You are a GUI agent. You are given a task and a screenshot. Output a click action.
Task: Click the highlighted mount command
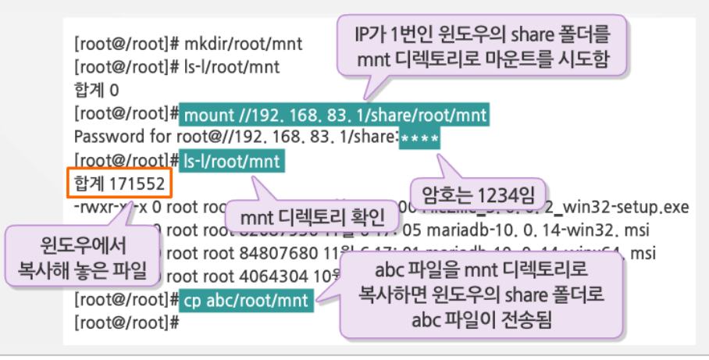click(336, 116)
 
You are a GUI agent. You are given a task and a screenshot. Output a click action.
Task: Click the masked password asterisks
click(419, 140)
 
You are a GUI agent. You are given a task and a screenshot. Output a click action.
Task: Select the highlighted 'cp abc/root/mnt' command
click(248, 300)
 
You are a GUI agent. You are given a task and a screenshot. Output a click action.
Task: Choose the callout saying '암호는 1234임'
click(478, 191)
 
